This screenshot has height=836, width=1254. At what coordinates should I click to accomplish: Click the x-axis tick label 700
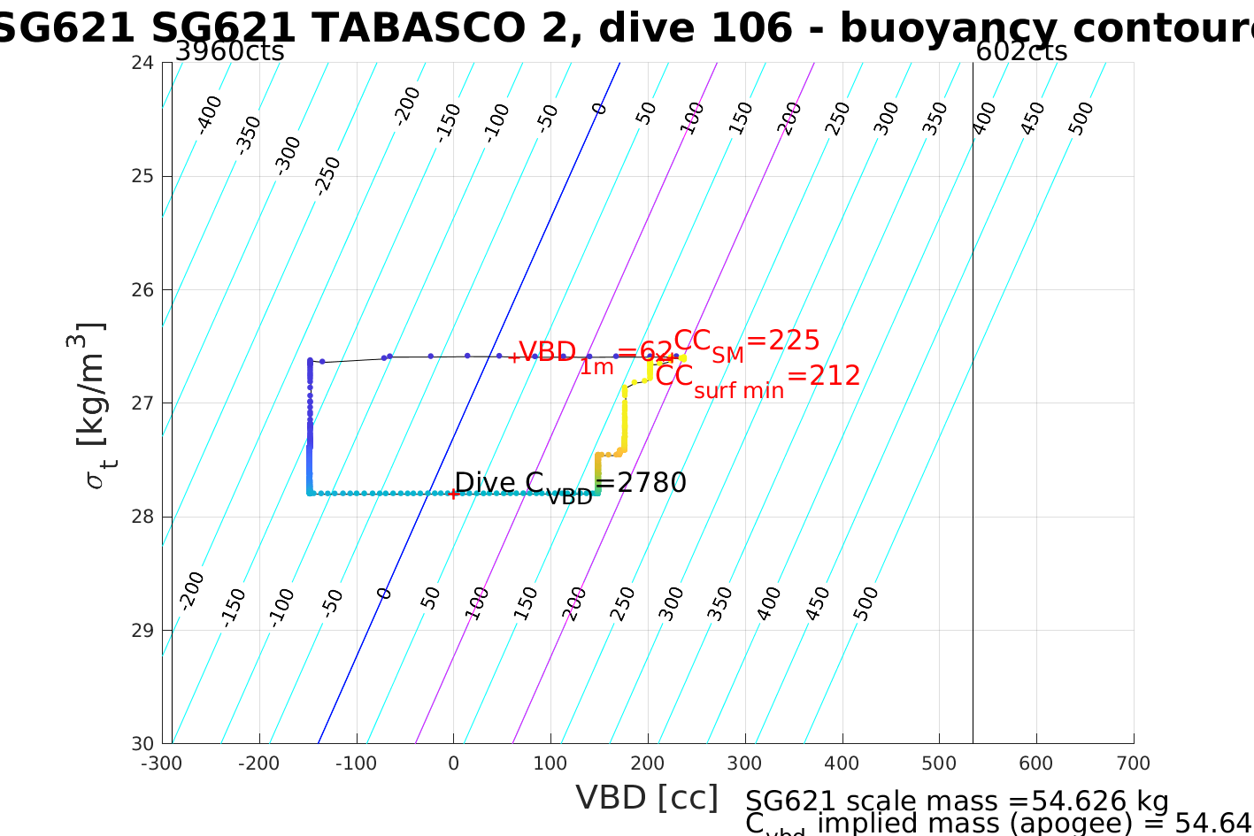[x=1133, y=763]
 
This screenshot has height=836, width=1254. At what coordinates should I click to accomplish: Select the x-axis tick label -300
[x=162, y=763]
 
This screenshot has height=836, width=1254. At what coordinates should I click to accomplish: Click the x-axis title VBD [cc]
[x=647, y=797]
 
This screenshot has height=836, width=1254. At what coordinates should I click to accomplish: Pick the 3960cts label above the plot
[x=229, y=51]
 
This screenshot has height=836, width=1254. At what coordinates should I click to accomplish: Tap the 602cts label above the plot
[x=1021, y=51]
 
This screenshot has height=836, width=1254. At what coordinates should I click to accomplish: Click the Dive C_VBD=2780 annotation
[x=570, y=485]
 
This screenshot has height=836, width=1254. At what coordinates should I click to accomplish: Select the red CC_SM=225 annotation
[x=747, y=343]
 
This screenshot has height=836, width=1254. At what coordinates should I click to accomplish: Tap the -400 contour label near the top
[x=209, y=114]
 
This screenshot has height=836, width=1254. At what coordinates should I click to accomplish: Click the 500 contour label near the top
[x=1081, y=119]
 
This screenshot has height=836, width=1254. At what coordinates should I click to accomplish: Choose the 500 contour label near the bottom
[x=866, y=602]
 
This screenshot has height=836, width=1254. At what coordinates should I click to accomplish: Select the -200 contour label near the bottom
[x=191, y=591]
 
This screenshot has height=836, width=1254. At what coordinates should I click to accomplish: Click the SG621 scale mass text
[x=957, y=801]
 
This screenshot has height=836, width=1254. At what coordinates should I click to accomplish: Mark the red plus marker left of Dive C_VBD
[x=453, y=494]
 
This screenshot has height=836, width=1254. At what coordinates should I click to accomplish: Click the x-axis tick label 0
[x=453, y=763]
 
